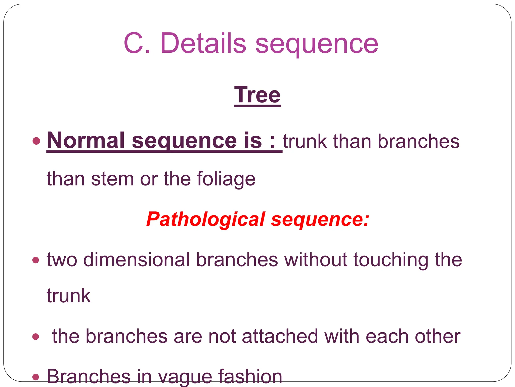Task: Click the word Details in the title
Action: pos(203,43)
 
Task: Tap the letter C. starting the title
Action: pos(137,43)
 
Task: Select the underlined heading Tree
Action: pos(257,95)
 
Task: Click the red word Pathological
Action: pos(205,219)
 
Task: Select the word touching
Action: pos(391,260)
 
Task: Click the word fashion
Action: pos(250,376)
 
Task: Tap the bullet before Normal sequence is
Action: pos(36,141)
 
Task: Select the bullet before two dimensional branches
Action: pos(36,260)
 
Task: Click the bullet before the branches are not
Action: pos(36,337)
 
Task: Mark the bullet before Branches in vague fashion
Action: pos(36,377)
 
